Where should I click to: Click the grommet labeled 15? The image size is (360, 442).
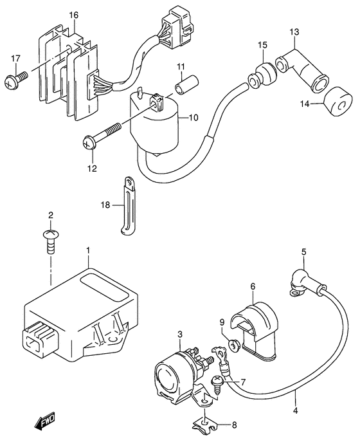click(261, 72)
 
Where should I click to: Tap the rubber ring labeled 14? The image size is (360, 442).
click(337, 102)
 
